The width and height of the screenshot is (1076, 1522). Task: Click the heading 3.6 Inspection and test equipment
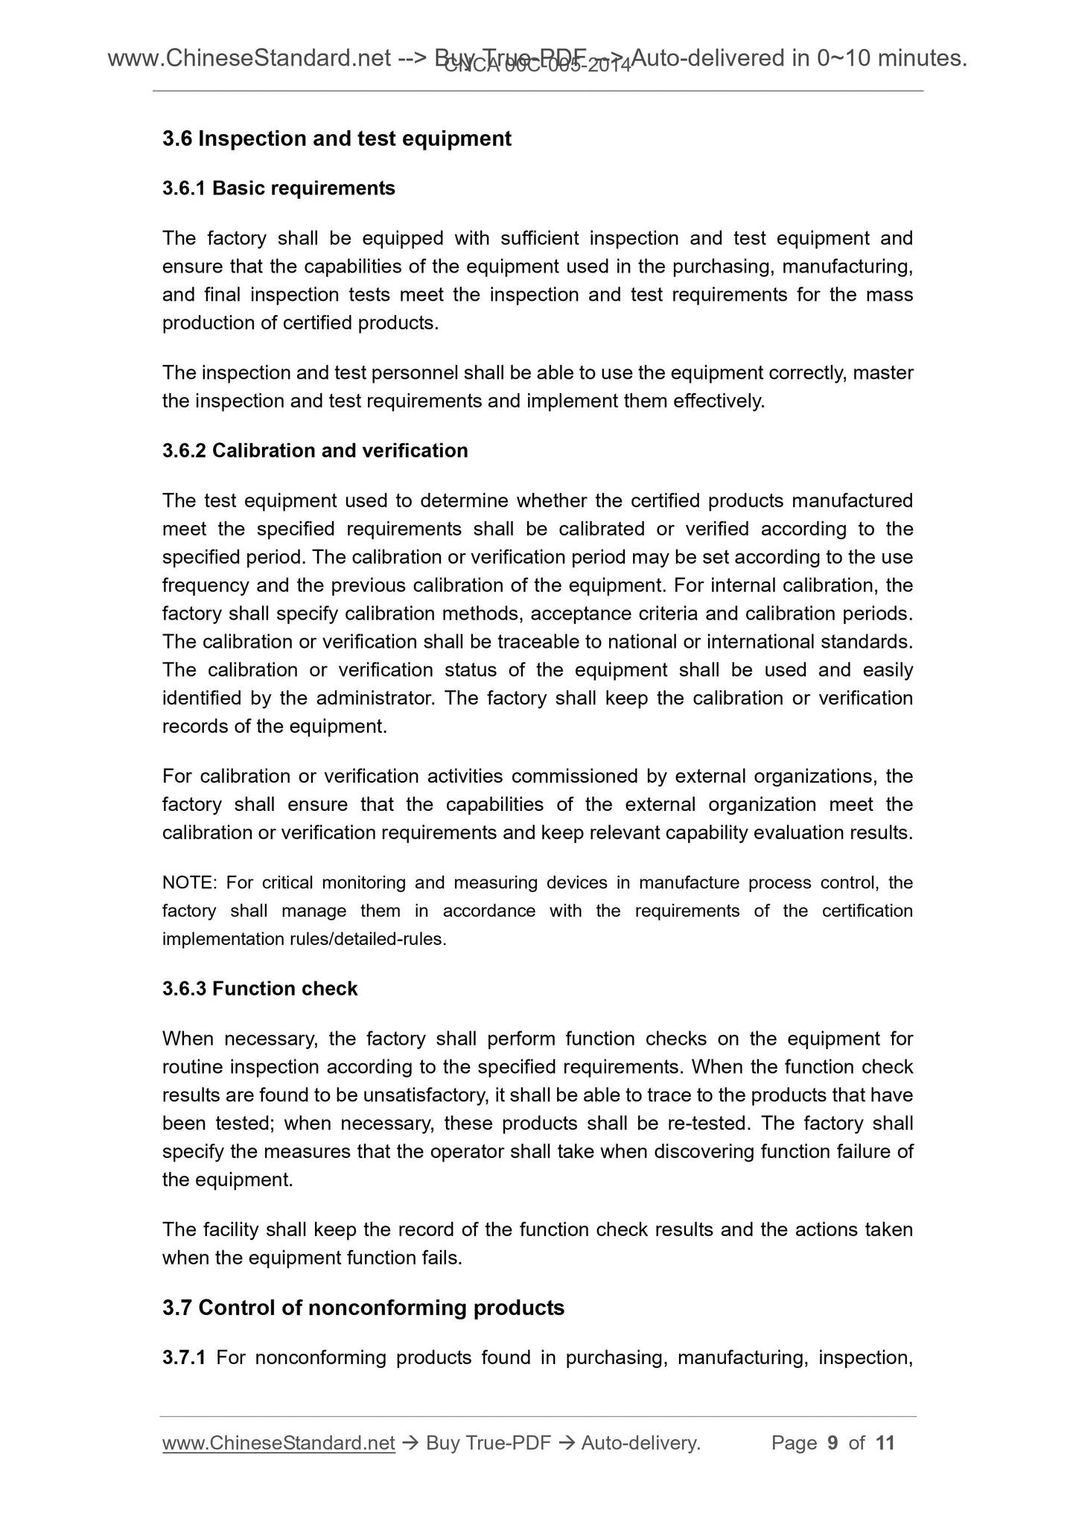[x=337, y=138]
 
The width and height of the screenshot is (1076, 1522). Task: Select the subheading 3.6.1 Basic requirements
[x=278, y=188]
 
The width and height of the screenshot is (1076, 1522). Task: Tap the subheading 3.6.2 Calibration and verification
[x=315, y=450]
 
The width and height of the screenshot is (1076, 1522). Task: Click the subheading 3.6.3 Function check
[x=260, y=989]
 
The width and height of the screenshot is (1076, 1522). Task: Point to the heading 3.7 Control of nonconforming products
[x=363, y=1308]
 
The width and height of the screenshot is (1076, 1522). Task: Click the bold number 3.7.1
[x=184, y=1357]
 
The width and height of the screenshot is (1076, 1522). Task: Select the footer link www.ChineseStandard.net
[x=278, y=1443]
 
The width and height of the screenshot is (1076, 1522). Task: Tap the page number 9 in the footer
[x=833, y=1443]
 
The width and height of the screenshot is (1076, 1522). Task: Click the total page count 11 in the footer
[x=885, y=1443]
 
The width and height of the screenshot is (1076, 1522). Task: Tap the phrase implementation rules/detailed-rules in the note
[x=304, y=940]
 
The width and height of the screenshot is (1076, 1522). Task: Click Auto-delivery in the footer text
[x=639, y=1443]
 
